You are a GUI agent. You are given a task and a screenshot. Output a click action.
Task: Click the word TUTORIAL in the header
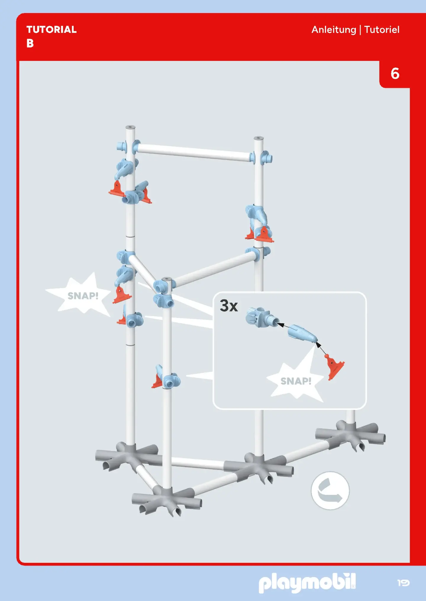(51, 30)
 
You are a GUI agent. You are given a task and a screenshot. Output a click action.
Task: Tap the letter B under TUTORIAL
(30, 43)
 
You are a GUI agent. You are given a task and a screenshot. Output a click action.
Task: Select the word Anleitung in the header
(334, 30)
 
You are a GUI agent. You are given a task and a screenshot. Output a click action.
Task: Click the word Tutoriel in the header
(382, 30)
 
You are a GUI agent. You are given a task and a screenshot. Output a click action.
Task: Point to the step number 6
(395, 74)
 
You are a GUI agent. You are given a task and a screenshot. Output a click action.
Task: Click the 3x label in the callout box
(229, 306)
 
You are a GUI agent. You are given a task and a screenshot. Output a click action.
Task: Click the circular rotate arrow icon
(330, 491)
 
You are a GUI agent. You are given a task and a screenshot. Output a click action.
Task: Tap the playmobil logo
(307, 583)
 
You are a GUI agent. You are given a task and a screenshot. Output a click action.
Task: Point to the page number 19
(403, 583)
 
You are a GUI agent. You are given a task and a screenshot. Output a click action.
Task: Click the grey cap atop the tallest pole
(130, 127)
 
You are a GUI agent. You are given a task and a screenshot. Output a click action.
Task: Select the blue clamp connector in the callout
(262, 317)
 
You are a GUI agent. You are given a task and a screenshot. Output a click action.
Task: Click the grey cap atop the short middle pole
(167, 279)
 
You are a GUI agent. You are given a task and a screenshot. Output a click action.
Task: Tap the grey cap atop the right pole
(259, 138)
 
